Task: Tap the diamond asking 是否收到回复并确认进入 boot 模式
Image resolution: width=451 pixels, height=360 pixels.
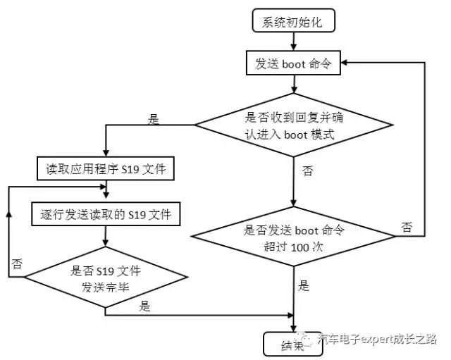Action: [293, 125]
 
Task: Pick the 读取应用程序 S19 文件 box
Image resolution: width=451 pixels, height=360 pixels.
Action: [106, 169]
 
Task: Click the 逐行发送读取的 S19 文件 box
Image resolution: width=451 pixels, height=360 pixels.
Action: [106, 213]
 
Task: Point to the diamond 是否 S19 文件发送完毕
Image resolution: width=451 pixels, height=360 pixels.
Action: [105, 278]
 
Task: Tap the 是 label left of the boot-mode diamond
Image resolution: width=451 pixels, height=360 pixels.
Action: [154, 119]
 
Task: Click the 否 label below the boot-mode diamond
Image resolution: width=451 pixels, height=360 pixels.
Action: [307, 171]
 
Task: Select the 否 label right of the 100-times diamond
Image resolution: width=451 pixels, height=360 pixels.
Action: [407, 227]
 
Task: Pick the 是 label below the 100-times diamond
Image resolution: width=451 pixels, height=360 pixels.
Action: [304, 286]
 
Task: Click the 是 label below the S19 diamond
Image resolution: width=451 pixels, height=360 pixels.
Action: [145, 306]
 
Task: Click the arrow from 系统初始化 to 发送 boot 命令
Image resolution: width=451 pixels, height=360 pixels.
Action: [293, 42]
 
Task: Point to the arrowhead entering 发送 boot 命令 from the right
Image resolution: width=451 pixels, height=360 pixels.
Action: [345, 64]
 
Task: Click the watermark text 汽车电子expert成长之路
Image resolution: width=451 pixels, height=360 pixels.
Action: [376, 339]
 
